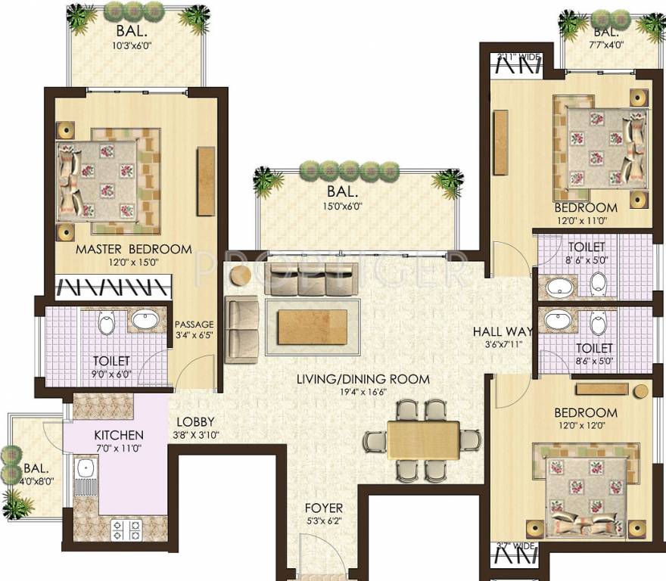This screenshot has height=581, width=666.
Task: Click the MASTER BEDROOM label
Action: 134,249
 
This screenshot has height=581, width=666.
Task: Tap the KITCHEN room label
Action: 119,436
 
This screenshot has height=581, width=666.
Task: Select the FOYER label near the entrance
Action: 324,508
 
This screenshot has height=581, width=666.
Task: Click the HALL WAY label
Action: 503,331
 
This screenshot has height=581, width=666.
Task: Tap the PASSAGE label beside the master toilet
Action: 195,325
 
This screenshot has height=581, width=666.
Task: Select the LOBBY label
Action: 196,422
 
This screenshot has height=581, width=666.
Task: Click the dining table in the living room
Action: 423,440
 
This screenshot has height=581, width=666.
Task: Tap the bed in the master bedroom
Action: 104,179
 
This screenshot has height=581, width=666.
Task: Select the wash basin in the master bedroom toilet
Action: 146,320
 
